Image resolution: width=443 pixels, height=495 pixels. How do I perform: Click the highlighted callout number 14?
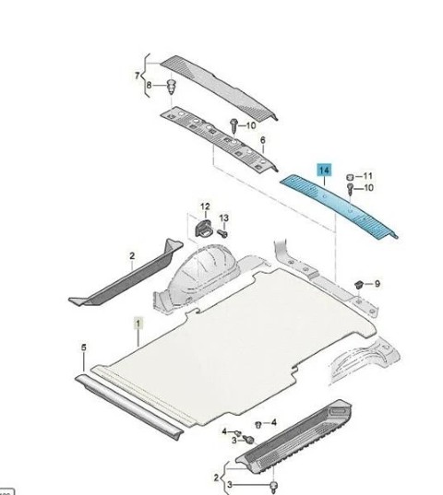tap(324, 171)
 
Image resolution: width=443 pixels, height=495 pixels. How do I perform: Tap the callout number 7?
tap(137, 76)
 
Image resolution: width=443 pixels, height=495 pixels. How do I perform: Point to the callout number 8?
tap(149, 85)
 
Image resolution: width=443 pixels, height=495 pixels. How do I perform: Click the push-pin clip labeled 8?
tap(172, 87)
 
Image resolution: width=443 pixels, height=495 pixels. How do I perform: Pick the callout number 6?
tap(263, 140)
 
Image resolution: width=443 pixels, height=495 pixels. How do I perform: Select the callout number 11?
tap(368, 176)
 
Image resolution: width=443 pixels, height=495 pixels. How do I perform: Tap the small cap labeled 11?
tap(350, 177)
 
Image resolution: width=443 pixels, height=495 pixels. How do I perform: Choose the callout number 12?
tap(205, 206)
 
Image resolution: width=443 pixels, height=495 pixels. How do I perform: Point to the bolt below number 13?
tap(222, 233)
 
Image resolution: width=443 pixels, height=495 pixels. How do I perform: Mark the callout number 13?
tap(223, 218)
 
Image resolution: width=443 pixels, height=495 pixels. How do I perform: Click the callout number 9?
tap(377, 284)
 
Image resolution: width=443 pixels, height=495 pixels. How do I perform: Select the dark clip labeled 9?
tap(359, 285)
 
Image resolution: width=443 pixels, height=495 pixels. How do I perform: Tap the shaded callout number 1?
tap(138, 324)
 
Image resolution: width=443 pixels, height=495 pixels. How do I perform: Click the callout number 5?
tap(83, 348)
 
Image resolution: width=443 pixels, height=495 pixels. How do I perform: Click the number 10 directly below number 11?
tap(368, 188)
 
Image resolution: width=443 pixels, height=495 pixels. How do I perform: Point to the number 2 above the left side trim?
tap(132, 255)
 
